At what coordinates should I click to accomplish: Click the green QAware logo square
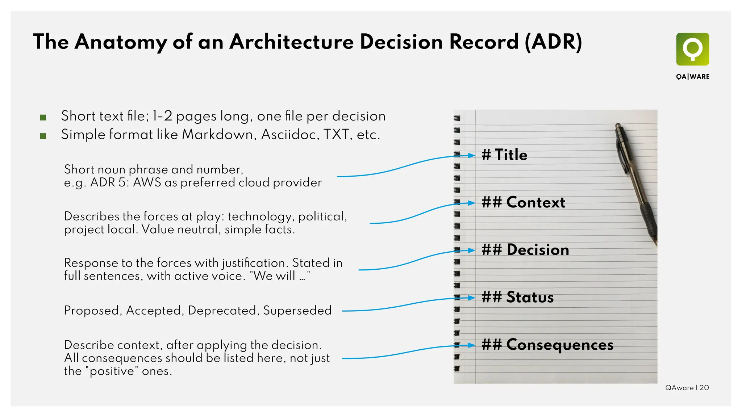(x=692, y=49)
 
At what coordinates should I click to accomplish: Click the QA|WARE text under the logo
(x=692, y=77)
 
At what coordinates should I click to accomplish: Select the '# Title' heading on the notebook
(x=504, y=155)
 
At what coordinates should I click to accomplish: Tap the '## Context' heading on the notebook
(x=523, y=202)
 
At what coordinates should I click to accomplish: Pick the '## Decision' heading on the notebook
(x=525, y=250)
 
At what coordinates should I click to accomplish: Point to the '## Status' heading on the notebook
(x=517, y=297)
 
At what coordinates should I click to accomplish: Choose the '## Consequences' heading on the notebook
(x=547, y=345)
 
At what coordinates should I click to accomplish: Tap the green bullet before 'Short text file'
(x=43, y=117)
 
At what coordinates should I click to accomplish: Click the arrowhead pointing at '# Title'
(x=471, y=155)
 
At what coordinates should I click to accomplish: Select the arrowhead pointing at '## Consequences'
(x=471, y=345)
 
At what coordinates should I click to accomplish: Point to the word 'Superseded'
(x=297, y=311)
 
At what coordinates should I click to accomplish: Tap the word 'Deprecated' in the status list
(x=222, y=311)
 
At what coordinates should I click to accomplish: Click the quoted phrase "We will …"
(x=280, y=276)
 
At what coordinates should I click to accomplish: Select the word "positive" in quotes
(x=112, y=371)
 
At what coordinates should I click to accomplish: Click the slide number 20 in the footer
(x=704, y=388)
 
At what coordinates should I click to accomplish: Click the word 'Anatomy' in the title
(x=121, y=42)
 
